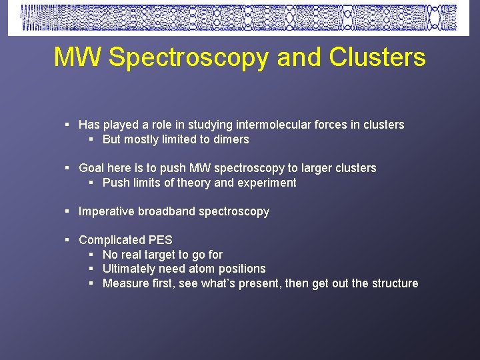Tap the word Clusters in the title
[377, 57]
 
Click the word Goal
[92, 168]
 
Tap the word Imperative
[107, 211]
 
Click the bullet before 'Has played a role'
[68, 125]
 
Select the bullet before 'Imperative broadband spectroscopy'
[68, 211]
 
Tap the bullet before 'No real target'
[92, 255]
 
